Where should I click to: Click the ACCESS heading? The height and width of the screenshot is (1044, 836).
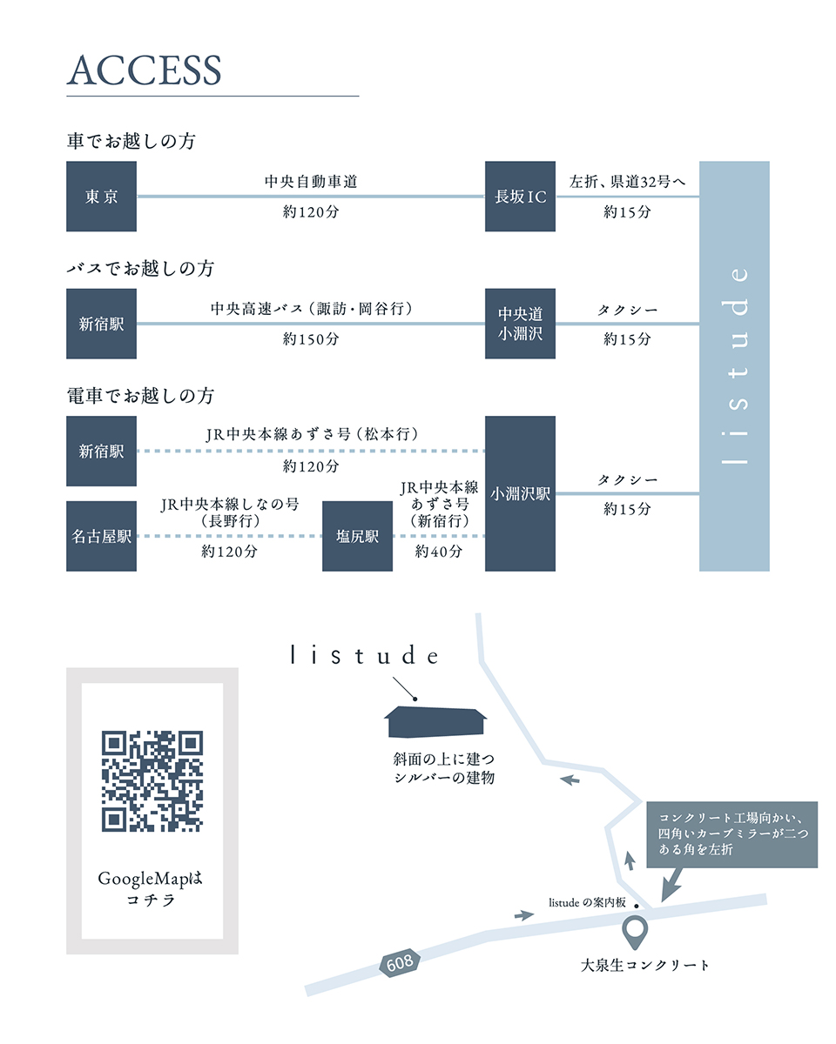click(145, 70)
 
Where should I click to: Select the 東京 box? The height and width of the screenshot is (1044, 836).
click(101, 197)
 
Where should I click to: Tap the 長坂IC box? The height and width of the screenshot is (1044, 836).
click(520, 197)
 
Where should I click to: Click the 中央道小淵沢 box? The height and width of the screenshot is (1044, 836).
click(520, 324)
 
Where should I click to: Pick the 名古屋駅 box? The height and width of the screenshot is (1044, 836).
click(101, 537)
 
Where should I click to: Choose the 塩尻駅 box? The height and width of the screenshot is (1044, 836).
click(357, 537)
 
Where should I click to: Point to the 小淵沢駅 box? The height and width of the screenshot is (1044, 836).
click(520, 493)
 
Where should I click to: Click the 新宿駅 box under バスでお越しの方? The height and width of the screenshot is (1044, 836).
click(101, 324)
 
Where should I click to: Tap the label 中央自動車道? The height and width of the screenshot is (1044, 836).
click(311, 182)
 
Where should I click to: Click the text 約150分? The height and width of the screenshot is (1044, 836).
click(311, 339)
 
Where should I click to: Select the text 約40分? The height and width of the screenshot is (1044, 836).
click(438, 552)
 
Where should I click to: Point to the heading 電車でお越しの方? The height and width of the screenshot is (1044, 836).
click(140, 396)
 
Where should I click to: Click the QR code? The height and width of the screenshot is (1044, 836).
click(152, 780)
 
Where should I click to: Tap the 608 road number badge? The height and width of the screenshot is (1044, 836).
click(401, 962)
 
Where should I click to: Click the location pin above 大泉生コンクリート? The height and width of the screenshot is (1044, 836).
click(637, 932)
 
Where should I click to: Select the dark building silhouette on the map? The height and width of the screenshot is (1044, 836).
click(436, 722)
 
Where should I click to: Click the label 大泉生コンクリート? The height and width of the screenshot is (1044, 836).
click(645, 965)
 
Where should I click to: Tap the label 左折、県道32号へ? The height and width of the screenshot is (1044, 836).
click(627, 182)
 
